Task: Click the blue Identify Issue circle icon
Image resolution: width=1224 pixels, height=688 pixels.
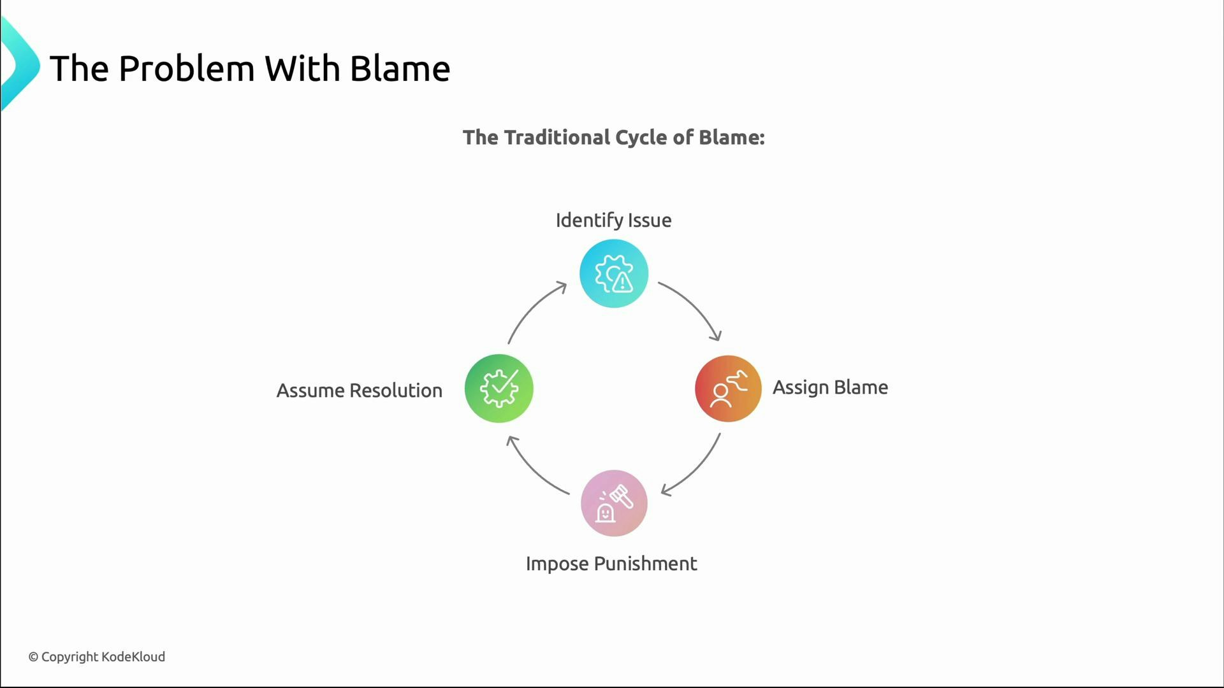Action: (614, 274)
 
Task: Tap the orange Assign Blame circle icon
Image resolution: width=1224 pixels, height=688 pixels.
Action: (728, 389)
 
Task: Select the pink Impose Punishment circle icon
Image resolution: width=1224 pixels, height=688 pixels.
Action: (614, 503)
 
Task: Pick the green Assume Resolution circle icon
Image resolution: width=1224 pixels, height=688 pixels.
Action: (499, 389)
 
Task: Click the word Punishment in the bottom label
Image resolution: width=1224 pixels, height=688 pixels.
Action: (646, 564)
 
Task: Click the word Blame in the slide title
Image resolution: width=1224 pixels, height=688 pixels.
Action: (400, 69)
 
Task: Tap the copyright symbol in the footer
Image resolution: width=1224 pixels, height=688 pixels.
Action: (33, 657)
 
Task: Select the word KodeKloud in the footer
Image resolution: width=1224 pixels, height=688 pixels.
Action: (133, 657)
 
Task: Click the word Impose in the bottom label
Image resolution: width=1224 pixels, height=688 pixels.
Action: (557, 564)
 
